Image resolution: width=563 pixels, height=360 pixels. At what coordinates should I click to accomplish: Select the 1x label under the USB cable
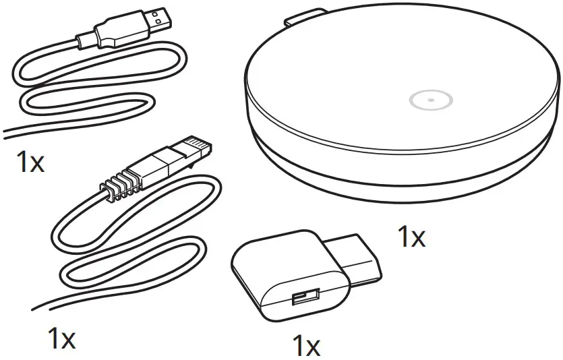coord(30,162)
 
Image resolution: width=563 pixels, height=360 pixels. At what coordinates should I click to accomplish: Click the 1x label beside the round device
coord(411,237)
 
